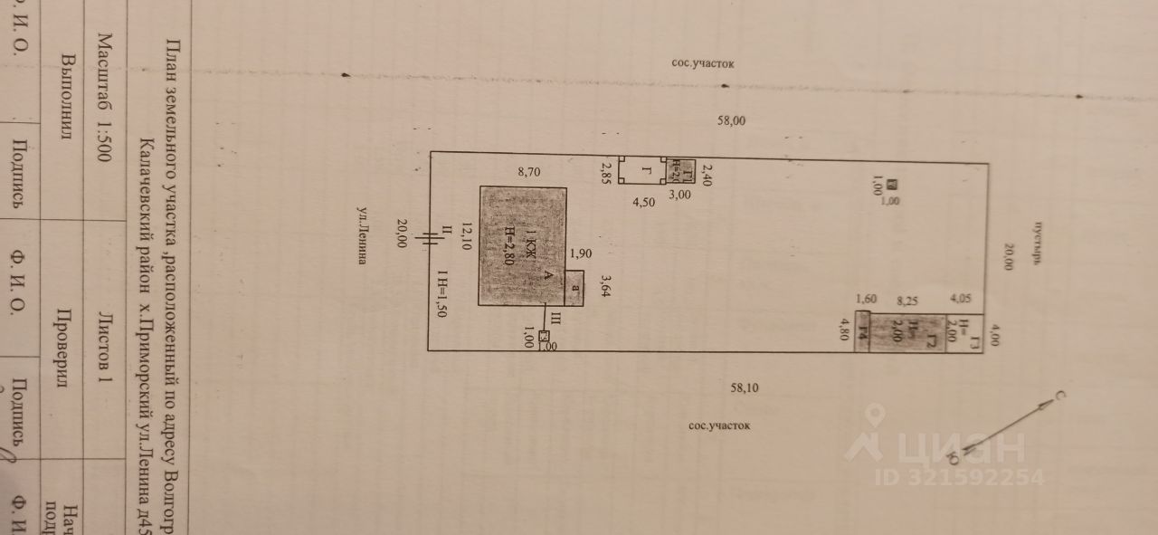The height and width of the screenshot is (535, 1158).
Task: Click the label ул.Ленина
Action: pyautogui.click(x=361, y=235)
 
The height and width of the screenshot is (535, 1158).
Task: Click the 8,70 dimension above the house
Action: pyautogui.click(x=529, y=172)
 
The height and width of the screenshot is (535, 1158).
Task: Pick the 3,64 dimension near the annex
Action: pyautogui.click(x=607, y=287)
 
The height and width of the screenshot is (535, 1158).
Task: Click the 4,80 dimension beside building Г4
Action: pyautogui.click(x=844, y=330)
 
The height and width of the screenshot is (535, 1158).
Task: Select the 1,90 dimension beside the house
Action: pyautogui.click(x=583, y=253)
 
